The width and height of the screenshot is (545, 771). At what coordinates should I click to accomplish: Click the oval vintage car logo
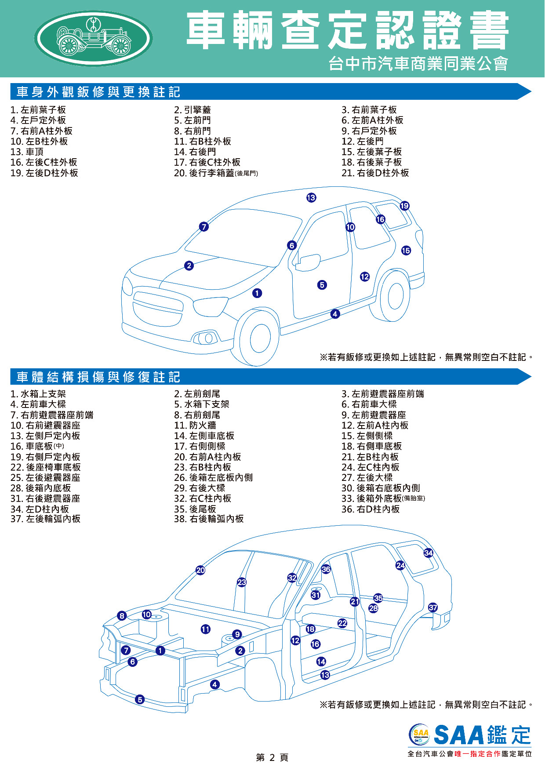(93, 38)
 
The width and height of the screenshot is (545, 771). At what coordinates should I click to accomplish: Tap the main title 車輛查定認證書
(347, 31)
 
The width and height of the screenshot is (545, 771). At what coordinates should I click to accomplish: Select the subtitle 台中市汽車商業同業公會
(418, 64)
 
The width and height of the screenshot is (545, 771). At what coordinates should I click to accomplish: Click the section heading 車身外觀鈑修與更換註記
(98, 92)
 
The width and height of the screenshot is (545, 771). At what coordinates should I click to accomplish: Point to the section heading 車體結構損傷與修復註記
(98, 377)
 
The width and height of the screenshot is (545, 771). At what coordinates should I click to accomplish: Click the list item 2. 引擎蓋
(193, 110)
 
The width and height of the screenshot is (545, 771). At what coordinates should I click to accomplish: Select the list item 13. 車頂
(27, 152)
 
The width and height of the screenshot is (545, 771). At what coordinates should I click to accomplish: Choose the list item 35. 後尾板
(195, 509)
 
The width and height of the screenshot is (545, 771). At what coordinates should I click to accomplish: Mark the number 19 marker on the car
(404, 206)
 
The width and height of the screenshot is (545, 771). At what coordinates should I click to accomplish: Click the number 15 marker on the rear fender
(406, 251)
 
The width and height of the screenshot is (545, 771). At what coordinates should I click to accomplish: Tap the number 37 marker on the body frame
(433, 607)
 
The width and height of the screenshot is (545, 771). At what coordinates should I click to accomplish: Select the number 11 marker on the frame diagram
(205, 629)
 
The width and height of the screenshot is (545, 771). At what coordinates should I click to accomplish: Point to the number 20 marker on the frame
(200, 570)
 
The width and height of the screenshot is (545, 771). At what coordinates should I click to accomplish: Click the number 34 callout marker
(428, 553)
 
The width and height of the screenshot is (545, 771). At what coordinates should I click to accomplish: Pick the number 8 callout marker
(122, 616)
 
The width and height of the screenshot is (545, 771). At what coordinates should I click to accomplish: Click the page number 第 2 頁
(272, 757)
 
